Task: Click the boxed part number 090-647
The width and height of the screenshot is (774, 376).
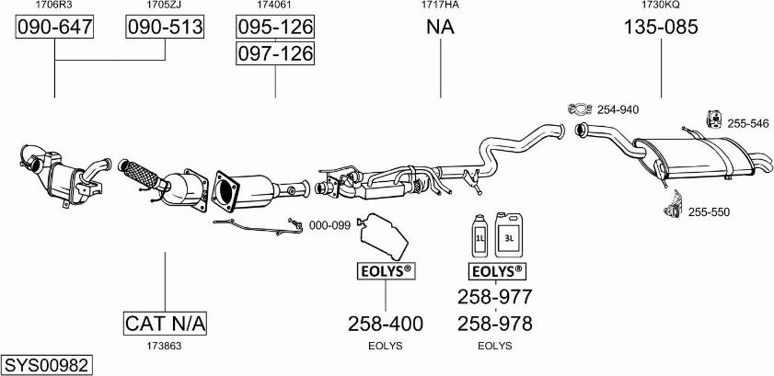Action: [55, 28]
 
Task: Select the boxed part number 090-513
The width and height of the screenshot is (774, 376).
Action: [164, 28]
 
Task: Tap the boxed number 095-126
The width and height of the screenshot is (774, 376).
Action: [275, 28]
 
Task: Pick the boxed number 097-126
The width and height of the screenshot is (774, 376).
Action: [275, 54]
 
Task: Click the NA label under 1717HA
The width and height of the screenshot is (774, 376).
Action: [440, 28]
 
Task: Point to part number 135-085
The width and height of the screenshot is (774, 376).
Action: [661, 28]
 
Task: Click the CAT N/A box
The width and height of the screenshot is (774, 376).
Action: [166, 324]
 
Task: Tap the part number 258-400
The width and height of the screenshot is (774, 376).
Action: [385, 324]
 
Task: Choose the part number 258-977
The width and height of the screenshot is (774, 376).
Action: [495, 296]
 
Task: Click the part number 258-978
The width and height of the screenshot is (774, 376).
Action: [495, 324]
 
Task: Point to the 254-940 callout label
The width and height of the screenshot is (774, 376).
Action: [618, 109]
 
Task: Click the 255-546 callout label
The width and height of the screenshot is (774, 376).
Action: [747, 123]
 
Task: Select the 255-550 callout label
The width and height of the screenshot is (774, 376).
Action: [709, 212]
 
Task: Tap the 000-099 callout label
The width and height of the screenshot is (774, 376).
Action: [329, 225]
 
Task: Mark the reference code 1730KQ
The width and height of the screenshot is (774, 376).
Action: [661, 6]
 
